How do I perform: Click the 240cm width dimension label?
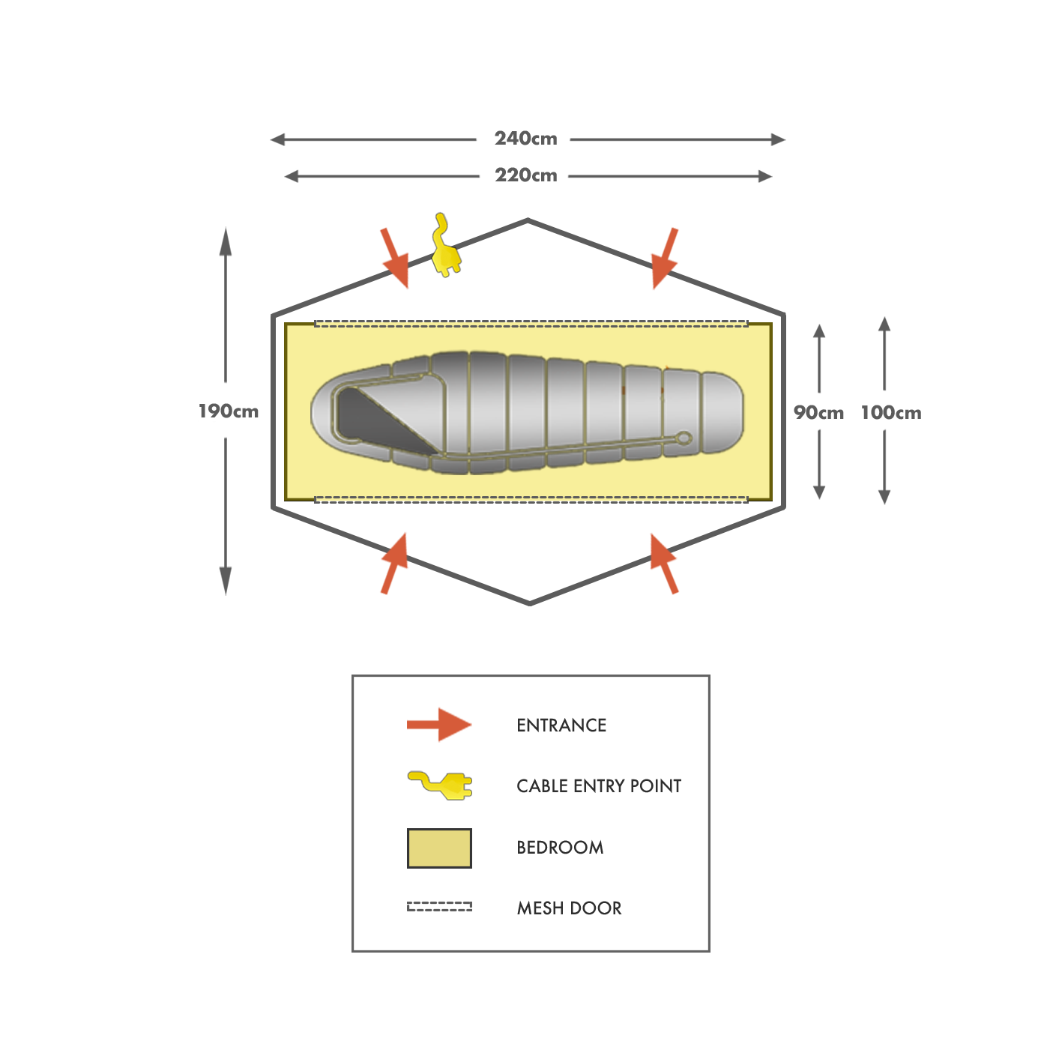click(526, 139)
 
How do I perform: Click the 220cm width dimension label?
click(527, 175)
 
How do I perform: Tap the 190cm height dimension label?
click(229, 411)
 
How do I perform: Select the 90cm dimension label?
click(818, 412)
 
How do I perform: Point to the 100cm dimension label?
click(891, 412)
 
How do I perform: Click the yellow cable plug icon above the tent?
click(446, 246)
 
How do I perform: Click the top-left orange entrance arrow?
click(396, 259)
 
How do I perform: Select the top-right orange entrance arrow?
click(663, 259)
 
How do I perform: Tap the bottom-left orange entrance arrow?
click(395, 564)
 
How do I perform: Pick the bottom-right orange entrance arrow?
click(664, 564)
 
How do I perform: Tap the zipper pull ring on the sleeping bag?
click(683, 438)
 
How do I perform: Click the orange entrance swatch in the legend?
click(438, 725)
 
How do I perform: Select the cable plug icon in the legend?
click(439, 785)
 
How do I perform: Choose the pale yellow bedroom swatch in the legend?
click(439, 848)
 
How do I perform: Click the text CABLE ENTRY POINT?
click(599, 785)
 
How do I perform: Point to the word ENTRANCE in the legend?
click(561, 725)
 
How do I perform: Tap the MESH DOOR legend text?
click(569, 908)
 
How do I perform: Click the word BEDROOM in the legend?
click(560, 847)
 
